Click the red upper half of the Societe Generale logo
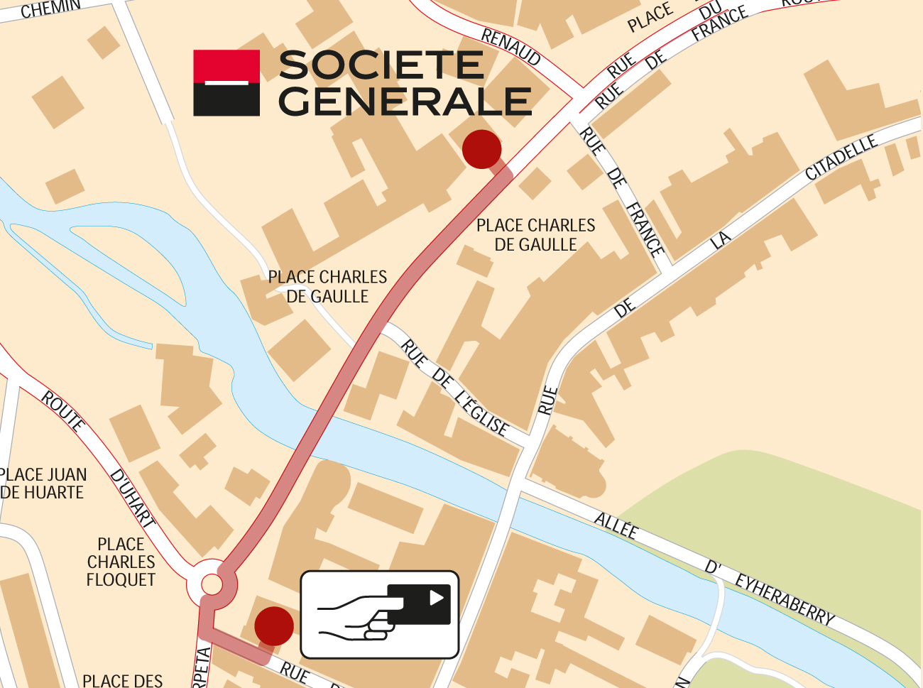(x=226, y=65)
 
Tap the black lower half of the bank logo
(x=226, y=101)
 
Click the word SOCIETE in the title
(x=381, y=65)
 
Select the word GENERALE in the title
(x=405, y=101)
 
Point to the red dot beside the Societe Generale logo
(x=481, y=149)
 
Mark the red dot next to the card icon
(x=274, y=626)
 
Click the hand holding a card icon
(x=380, y=614)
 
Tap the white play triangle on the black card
(x=436, y=598)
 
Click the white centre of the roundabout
(x=212, y=584)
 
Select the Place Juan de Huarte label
(x=43, y=484)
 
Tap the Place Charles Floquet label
(x=121, y=562)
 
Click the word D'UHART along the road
(x=133, y=497)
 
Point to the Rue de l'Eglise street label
(x=454, y=388)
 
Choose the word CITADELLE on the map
(x=841, y=158)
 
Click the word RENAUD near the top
(x=511, y=46)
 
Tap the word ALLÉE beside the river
(x=616, y=526)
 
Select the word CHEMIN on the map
(x=51, y=9)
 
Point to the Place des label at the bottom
(x=122, y=680)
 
